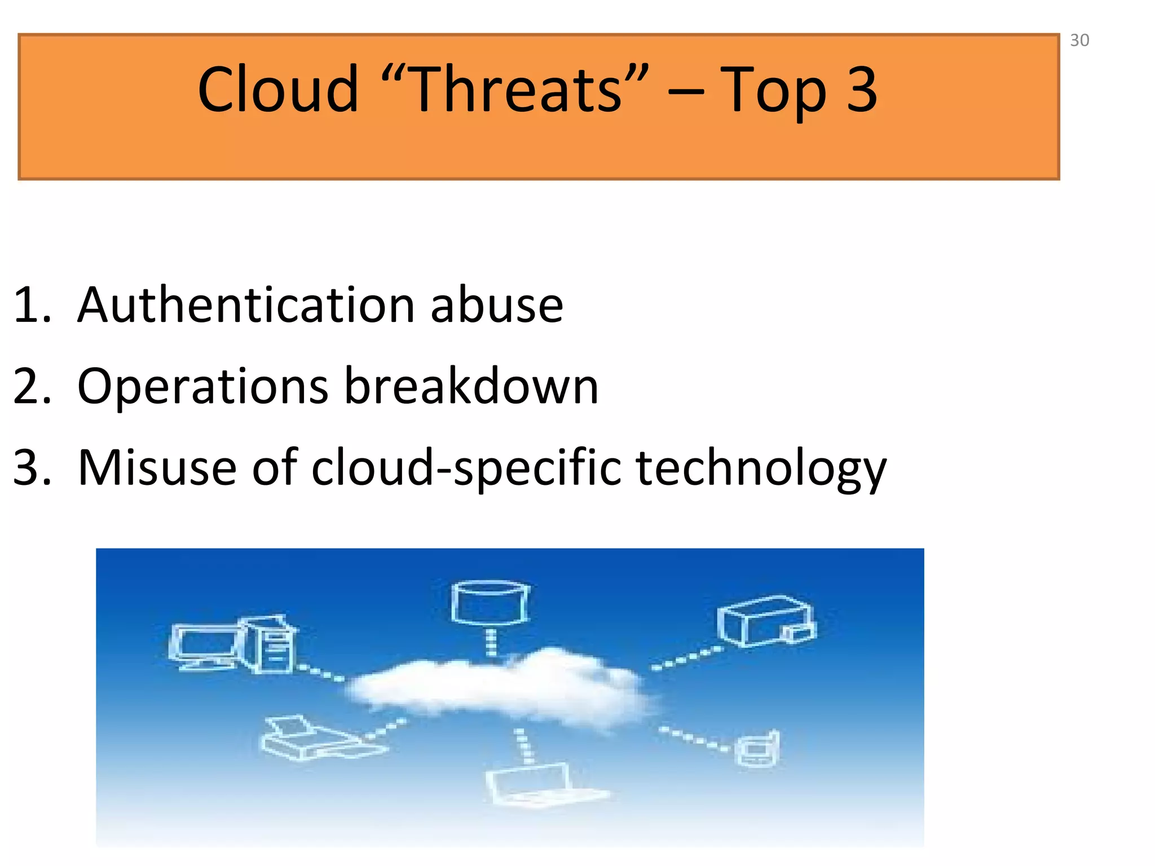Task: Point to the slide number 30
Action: pyautogui.click(x=1079, y=41)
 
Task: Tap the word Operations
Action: pyautogui.click(x=202, y=387)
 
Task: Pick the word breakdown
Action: pyautogui.click(x=471, y=386)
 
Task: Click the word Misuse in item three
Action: pyautogui.click(x=157, y=467)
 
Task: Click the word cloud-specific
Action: pyautogui.click(x=466, y=468)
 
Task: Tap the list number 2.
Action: pyautogui.click(x=32, y=387)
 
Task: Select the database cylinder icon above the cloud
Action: pyautogui.click(x=490, y=603)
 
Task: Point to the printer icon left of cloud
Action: pyautogui.click(x=316, y=739)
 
